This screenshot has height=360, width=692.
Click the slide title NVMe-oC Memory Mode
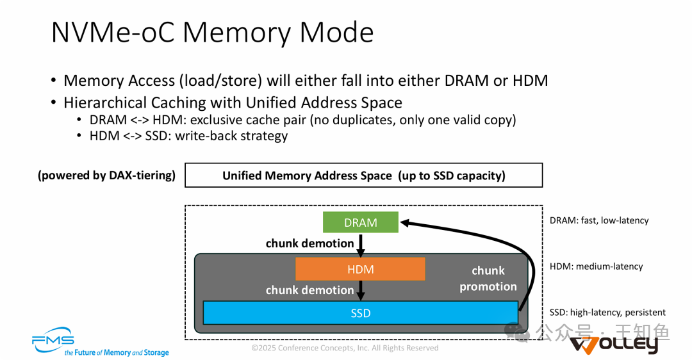point(212,33)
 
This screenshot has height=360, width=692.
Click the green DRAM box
point(360,222)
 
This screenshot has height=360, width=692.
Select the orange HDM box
point(360,269)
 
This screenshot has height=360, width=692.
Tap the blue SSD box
point(360,313)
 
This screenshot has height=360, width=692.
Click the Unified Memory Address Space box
point(363,175)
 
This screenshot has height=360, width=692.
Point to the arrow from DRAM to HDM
point(361,245)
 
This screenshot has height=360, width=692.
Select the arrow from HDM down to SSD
point(361,291)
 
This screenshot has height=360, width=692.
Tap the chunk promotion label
point(488,279)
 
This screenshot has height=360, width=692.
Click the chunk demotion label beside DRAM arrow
point(309,243)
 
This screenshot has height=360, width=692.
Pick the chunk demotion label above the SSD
point(309,290)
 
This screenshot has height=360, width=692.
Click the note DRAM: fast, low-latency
point(598,220)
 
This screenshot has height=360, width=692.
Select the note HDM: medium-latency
point(596,266)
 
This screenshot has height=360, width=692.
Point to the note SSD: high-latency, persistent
point(607,313)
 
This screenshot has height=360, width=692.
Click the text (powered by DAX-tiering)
point(106,175)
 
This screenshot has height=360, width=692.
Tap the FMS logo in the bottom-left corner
point(54,342)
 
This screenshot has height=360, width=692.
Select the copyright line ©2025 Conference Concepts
point(345,348)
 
